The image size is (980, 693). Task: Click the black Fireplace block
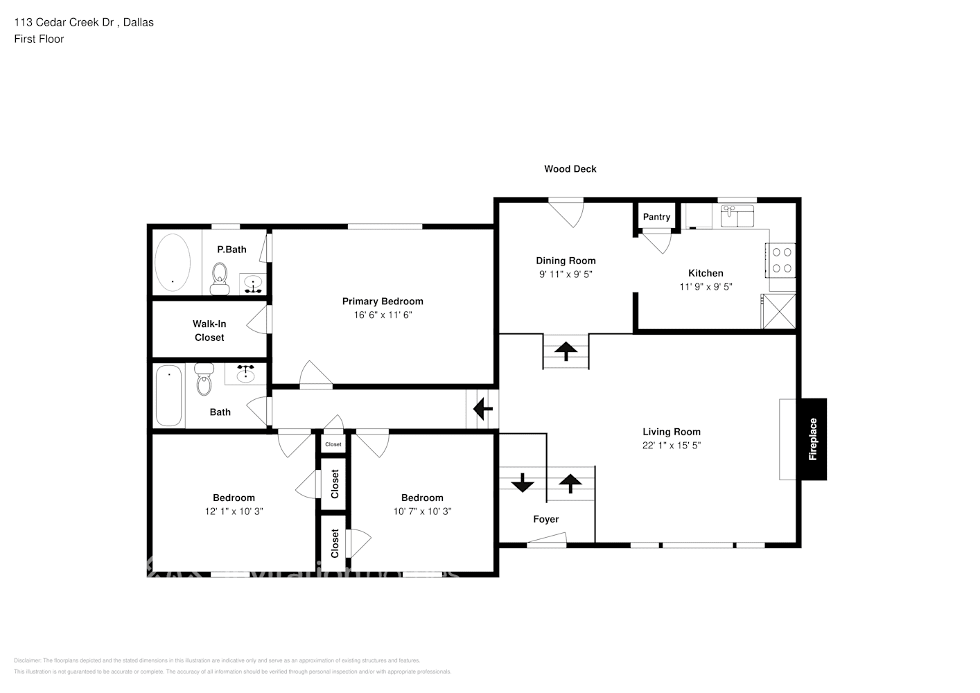(814, 439)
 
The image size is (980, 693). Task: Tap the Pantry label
(656, 217)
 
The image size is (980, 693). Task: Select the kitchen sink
(737, 216)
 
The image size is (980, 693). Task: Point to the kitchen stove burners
(782, 260)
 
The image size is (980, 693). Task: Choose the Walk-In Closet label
(209, 331)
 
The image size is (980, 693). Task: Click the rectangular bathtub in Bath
(168, 396)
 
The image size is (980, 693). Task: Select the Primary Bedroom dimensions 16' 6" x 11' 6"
(383, 315)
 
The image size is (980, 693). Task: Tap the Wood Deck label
(570, 168)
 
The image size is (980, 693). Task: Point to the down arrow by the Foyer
(522, 482)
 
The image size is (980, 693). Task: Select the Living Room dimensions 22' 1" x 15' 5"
(671, 446)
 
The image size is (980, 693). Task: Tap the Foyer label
(545, 519)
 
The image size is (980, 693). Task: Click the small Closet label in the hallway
(333, 444)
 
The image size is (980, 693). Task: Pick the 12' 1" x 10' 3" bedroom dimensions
(234, 511)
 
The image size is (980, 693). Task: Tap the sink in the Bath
(245, 375)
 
